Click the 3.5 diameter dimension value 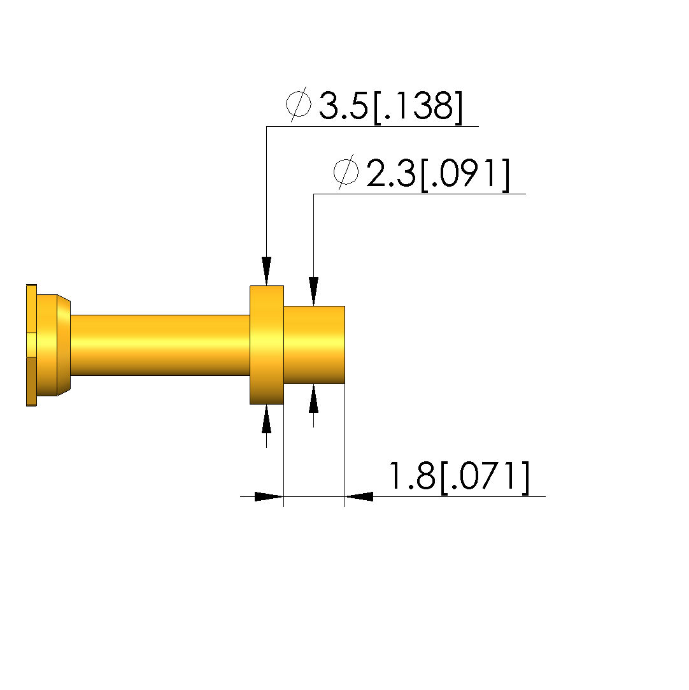[x=343, y=106]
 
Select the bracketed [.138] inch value [x=418, y=108]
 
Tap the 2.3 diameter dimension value [x=391, y=173]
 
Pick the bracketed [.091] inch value [x=465, y=175]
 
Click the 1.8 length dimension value [x=413, y=476]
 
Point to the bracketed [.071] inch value [x=485, y=477]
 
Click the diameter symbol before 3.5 [x=299, y=104]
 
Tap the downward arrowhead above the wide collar [x=266, y=271]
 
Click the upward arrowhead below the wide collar [x=266, y=419]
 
